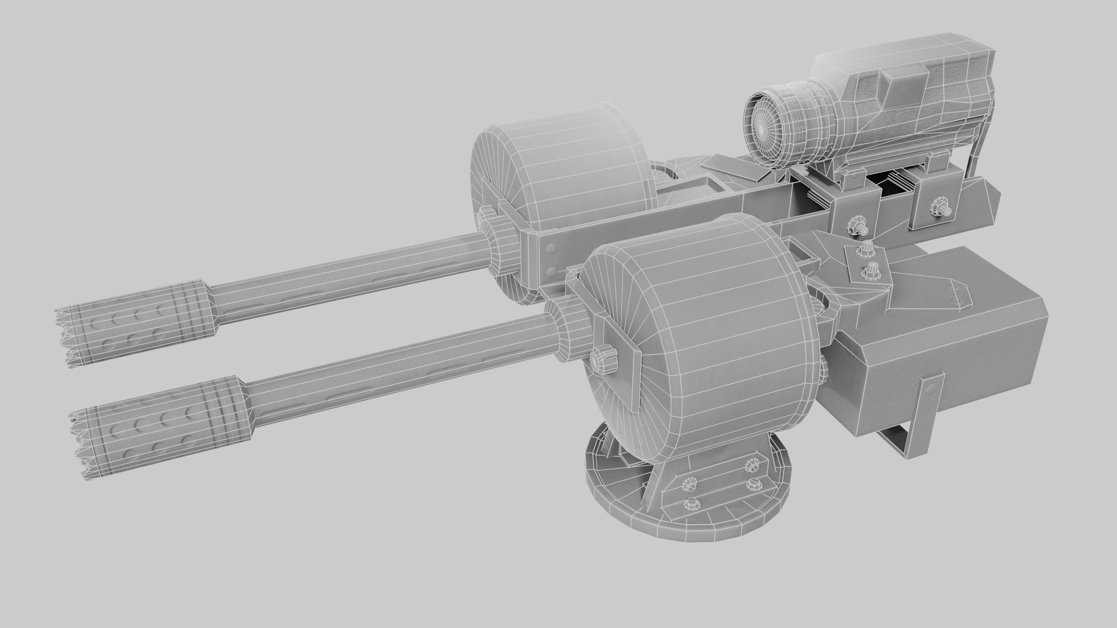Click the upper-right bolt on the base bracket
point(752,448)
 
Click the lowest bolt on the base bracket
point(692,504)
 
